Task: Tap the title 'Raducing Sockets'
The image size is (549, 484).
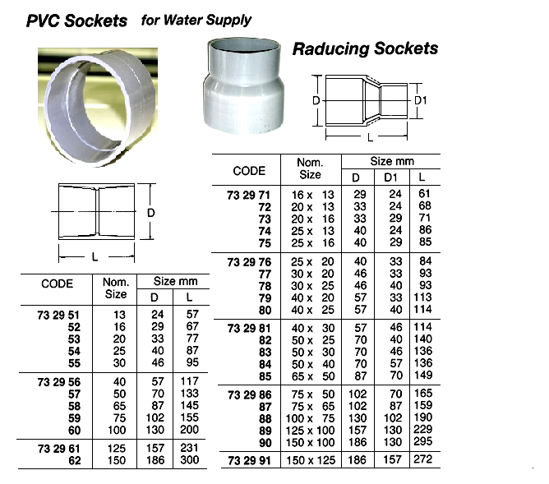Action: pos(365,48)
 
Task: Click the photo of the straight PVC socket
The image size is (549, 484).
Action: pos(100,106)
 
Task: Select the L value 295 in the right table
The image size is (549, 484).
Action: pos(422,443)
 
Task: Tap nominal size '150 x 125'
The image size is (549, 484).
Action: pos(310,460)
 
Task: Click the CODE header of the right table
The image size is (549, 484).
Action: pos(250,171)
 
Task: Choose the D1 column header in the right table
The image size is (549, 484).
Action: pos(390,177)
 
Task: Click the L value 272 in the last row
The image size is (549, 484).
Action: pos(422,460)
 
